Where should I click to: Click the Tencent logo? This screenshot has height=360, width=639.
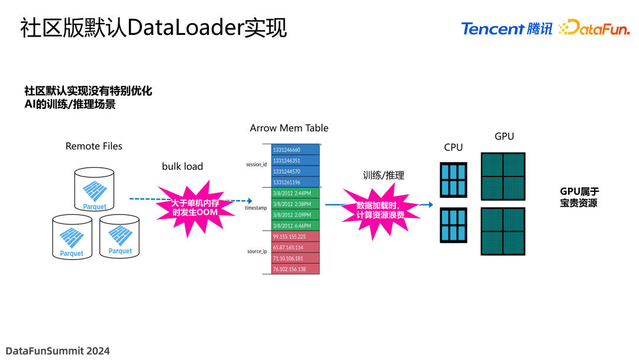[506, 28]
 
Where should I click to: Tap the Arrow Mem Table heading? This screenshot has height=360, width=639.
[289, 128]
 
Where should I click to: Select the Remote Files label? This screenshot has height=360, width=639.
[93, 146]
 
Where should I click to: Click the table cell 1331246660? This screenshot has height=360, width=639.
[295, 150]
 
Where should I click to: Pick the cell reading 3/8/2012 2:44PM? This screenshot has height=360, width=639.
[295, 193]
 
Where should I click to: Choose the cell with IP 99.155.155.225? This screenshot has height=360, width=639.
[295, 236]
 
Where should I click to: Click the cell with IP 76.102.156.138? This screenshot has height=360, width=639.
[295, 269]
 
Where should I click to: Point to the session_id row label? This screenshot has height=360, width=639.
[257, 165]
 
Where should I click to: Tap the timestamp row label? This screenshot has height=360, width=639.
[256, 208]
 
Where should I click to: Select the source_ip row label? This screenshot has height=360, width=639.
[257, 252]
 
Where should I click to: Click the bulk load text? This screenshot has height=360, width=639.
[182, 166]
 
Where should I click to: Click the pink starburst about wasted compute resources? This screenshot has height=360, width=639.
[380, 210]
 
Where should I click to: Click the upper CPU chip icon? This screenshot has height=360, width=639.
[453, 179]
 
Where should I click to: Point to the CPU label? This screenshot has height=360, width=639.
[453, 147]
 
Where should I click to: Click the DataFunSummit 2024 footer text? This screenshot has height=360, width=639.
[58, 351]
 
